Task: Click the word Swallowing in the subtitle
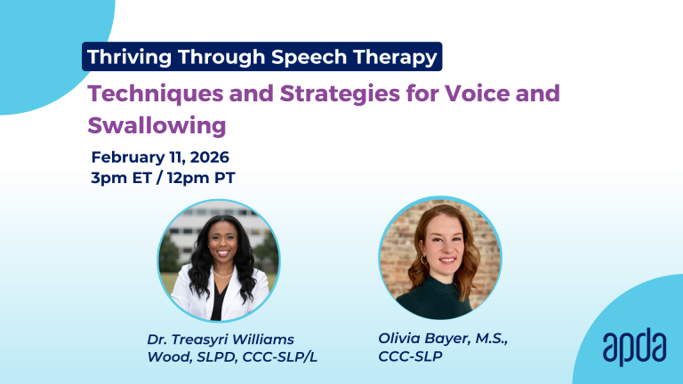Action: click(x=157, y=125)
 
